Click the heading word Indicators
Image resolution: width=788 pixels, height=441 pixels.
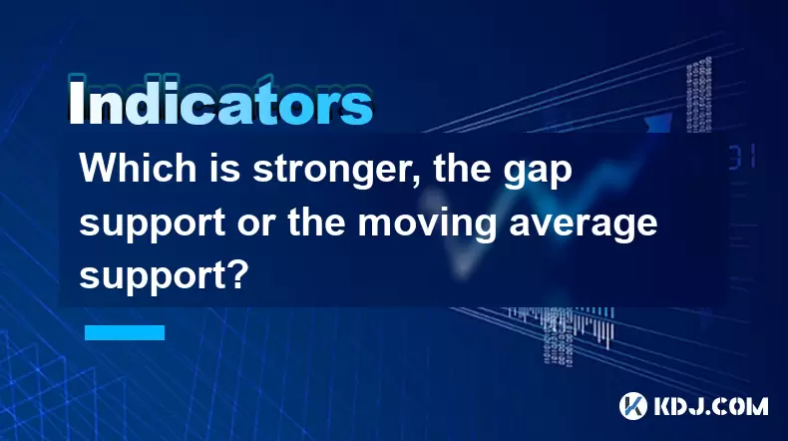[x=220, y=102]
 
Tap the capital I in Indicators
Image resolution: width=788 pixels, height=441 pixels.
[x=76, y=102]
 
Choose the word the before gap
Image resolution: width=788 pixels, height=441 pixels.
[x=462, y=168]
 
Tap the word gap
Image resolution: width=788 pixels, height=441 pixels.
[x=538, y=174]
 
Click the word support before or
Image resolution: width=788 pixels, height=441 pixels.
[x=153, y=225]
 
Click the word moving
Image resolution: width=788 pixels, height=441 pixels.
[x=428, y=225]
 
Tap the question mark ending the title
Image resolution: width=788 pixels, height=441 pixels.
[x=238, y=274]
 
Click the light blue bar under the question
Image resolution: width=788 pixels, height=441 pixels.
[x=125, y=332]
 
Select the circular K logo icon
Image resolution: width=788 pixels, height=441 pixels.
[x=633, y=406]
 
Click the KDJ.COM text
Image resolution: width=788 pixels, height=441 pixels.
[x=710, y=406]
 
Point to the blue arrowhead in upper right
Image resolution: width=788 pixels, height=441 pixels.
[x=659, y=122]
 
